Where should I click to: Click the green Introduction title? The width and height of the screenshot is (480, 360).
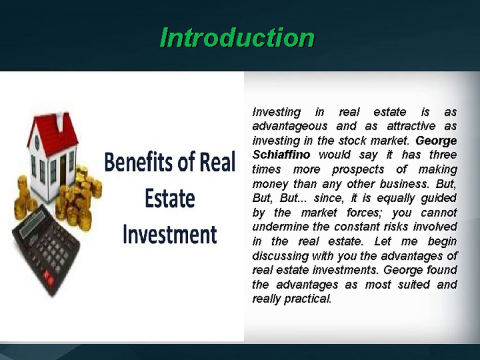tap(236, 37)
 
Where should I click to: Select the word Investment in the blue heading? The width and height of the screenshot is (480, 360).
tap(169, 234)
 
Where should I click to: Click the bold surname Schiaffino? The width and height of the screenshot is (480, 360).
tap(281, 154)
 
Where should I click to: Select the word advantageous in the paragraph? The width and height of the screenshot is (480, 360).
tap(290, 126)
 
